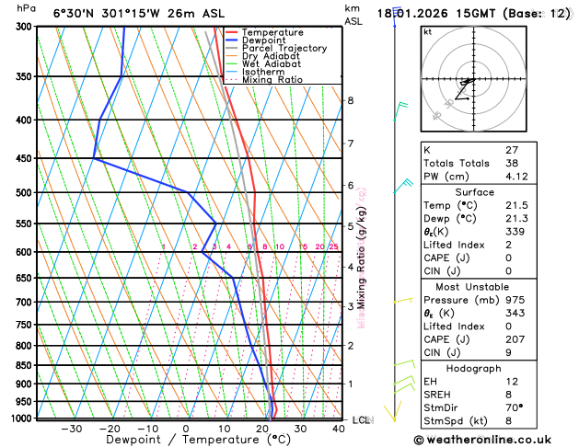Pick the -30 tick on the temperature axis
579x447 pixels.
point(71,429)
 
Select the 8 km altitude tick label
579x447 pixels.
point(351,100)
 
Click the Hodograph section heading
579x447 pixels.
point(473,368)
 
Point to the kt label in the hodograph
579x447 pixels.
point(427,31)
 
